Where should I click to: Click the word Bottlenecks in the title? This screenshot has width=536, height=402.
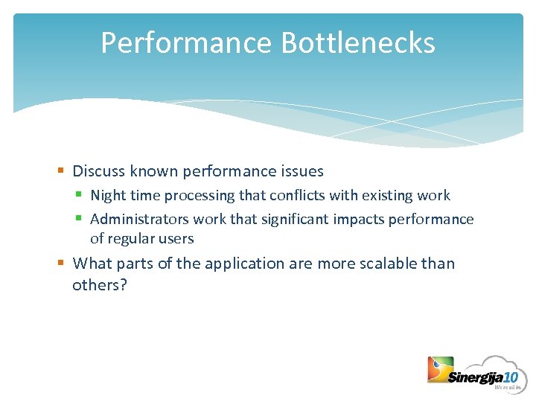(x=358, y=43)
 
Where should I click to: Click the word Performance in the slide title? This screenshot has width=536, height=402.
(x=187, y=43)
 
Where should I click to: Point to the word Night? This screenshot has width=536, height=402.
(x=107, y=196)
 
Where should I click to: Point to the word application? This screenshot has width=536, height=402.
(x=245, y=264)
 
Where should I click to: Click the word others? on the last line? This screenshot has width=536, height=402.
(x=100, y=285)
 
